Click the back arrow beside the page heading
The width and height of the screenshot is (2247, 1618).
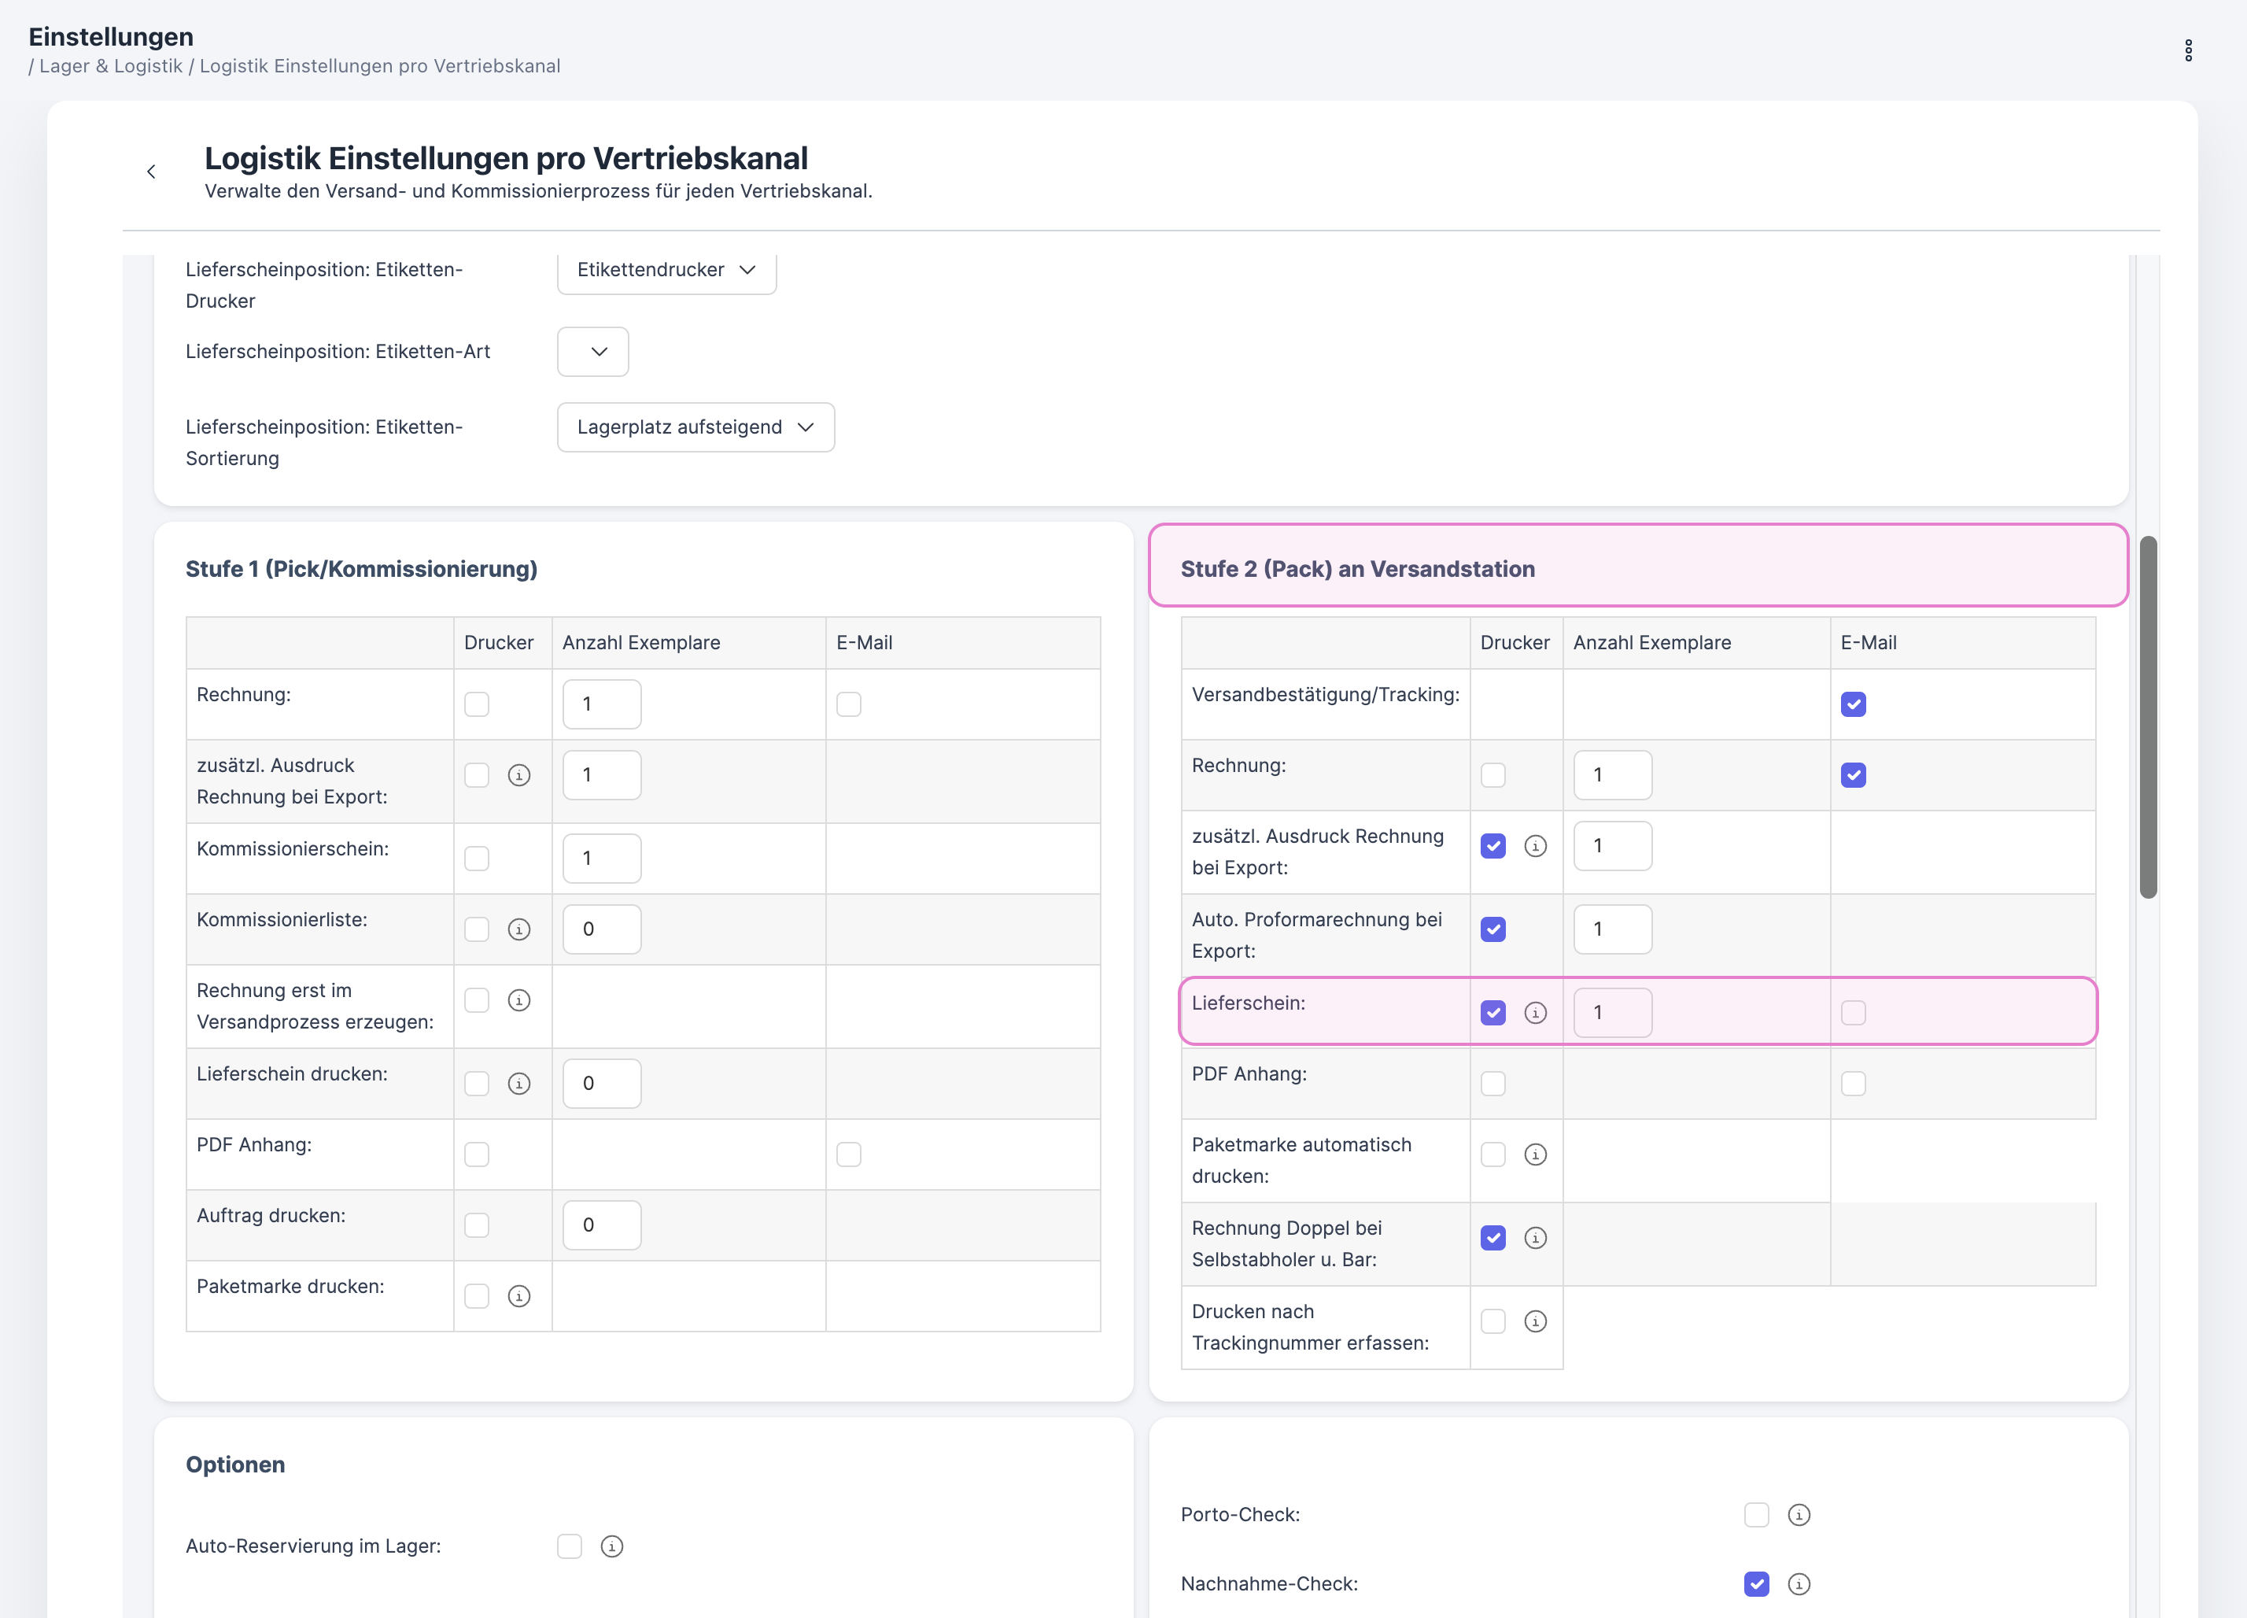tap(150, 172)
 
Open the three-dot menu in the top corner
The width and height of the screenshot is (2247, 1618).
tap(2187, 50)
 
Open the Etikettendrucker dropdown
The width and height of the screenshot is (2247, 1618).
tap(666, 269)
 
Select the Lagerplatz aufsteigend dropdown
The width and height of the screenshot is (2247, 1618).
tap(695, 427)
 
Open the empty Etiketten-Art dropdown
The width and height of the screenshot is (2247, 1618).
tap(592, 352)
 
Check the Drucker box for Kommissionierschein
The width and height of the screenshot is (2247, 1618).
tap(477, 858)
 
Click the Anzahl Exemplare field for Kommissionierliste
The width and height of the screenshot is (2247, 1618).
tap(601, 929)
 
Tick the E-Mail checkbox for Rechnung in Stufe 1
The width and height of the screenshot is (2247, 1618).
tap(848, 704)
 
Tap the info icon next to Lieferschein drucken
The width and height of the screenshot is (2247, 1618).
tap(519, 1084)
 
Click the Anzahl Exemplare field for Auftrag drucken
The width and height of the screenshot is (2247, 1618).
tap(601, 1225)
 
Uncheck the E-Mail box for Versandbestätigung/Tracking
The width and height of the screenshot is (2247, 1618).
tap(1853, 704)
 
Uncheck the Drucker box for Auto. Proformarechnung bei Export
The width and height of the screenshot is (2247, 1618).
tap(1493, 929)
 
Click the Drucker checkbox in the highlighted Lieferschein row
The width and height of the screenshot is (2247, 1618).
tap(1493, 1013)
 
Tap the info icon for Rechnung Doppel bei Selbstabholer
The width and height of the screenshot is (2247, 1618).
tap(1536, 1239)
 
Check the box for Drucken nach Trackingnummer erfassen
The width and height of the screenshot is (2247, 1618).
tap(1493, 1322)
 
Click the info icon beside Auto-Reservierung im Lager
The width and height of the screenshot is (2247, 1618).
tap(612, 1546)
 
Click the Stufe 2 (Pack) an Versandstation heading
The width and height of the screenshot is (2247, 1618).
tap(1357, 569)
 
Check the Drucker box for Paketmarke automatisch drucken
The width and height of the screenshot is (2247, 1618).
tap(1493, 1155)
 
